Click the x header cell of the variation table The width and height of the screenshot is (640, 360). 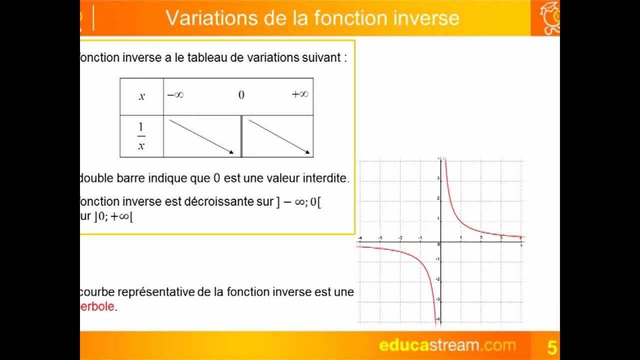(141, 96)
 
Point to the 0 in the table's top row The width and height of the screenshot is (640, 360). (241, 95)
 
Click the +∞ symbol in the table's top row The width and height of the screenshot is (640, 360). (300, 94)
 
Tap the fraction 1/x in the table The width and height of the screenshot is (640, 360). (141, 136)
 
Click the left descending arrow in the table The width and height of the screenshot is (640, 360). (201, 136)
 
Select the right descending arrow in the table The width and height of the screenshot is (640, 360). (279, 136)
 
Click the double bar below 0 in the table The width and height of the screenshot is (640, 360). (241, 136)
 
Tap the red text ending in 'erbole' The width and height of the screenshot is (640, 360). (97, 306)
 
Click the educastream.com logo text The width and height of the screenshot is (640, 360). (447, 345)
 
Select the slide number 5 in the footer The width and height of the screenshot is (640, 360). (552, 346)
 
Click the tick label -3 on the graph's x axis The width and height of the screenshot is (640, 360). (380, 238)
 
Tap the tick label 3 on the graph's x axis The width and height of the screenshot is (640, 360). (501, 238)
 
